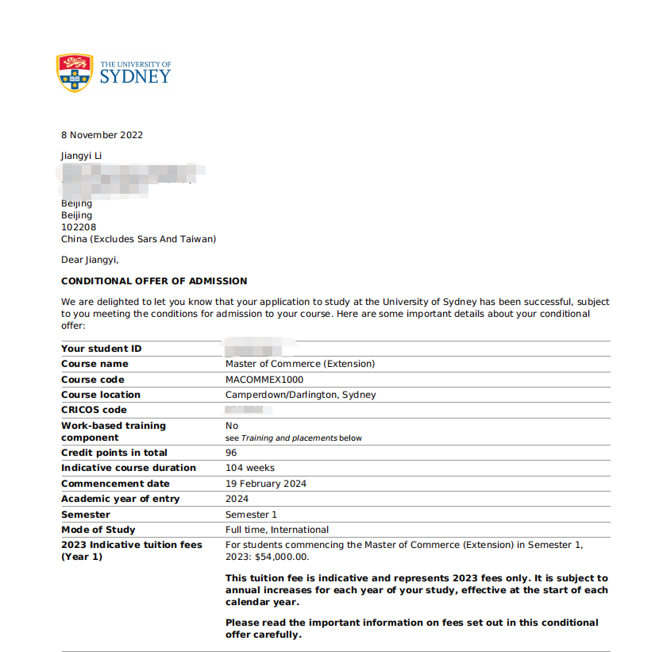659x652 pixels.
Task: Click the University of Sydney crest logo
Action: pyautogui.click(x=74, y=72)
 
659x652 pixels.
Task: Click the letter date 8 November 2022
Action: pyautogui.click(x=102, y=135)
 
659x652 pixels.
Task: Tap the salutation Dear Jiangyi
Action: pyautogui.click(x=89, y=260)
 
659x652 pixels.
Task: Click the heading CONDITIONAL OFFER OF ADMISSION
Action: pyautogui.click(x=154, y=281)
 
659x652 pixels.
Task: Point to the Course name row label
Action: pyautogui.click(x=94, y=364)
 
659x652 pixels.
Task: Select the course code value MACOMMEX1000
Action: pyautogui.click(x=264, y=380)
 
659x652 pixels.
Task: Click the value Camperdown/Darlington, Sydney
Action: pyautogui.click(x=301, y=395)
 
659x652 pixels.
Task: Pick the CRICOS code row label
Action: pyautogui.click(x=94, y=410)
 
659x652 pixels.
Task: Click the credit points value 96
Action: pyautogui.click(x=231, y=453)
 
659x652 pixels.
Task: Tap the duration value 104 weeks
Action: pyautogui.click(x=250, y=468)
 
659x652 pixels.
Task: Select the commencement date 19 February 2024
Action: pyautogui.click(x=266, y=484)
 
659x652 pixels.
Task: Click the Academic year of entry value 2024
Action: pyautogui.click(x=237, y=499)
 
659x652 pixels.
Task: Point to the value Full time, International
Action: pyautogui.click(x=277, y=530)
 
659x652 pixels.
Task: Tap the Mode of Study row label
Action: pyautogui.click(x=98, y=530)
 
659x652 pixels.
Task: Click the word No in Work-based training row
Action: pyautogui.click(x=232, y=426)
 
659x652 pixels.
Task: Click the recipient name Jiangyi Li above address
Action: pyautogui.click(x=81, y=156)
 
